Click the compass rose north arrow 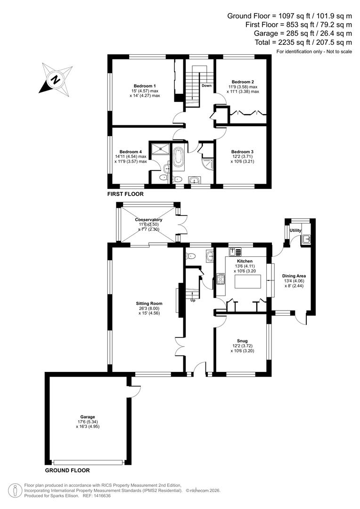pyautogui.click(x=56, y=79)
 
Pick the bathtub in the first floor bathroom pyautogui.click(x=180, y=158)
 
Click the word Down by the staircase pyautogui.click(x=206, y=86)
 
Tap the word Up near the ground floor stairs pyautogui.click(x=192, y=300)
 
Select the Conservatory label pyautogui.click(x=148, y=220)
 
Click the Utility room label pyautogui.click(x=295, y=230)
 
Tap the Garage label pyautogui.click(x=87, y=417)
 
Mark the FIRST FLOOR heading pyautogui.click(x=125, y=194)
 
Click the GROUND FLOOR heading pyautogui.click(x=67, y=470)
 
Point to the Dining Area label pyautogui.click(x=295, y=276)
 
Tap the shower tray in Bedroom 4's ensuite pyautogui.click(x=163, y=149)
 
